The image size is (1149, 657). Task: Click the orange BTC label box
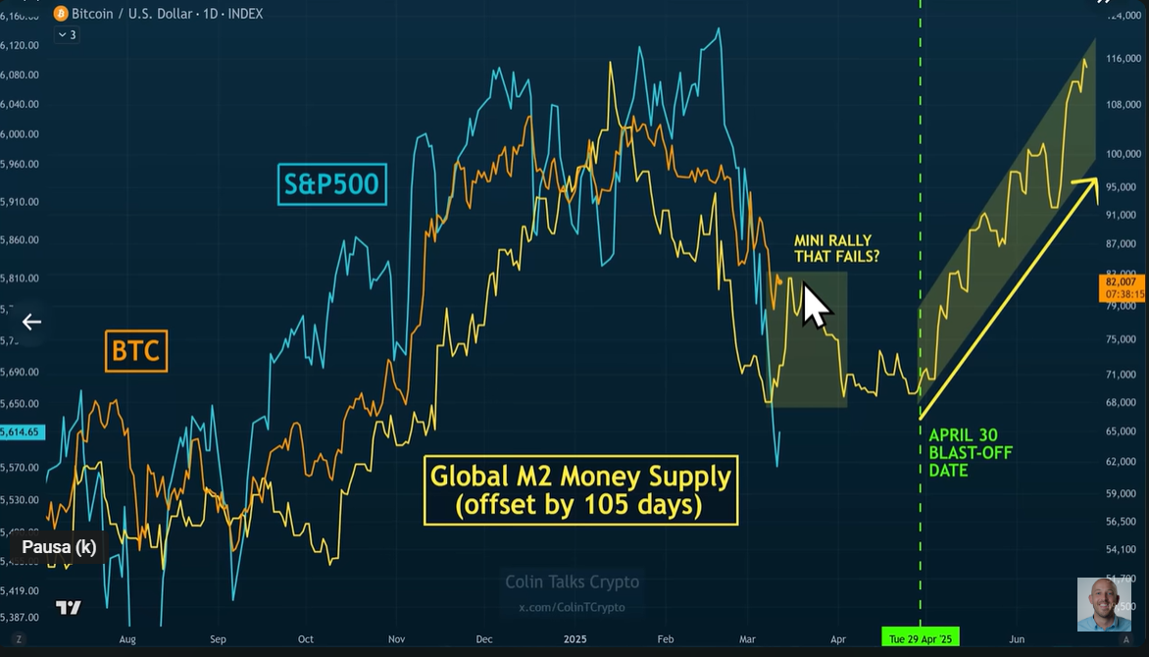tap(136, 351)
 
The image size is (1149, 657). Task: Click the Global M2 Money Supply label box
tap(580, 490)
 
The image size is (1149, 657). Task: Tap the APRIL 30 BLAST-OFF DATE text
tap(971, 452)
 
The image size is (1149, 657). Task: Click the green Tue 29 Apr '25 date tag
tap(921, 638)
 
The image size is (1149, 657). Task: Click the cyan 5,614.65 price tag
tap(22, 431)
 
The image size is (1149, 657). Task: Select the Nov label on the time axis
tap(396, 638)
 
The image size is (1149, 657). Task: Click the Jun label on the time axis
tap(1017, 638)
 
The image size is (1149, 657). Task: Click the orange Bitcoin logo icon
tap(61, 14)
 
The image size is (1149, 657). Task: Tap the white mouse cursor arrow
tap(815, 304)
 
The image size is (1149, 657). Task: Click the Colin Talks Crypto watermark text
tap(572, 581)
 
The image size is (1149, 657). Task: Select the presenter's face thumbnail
tap(1104, 604)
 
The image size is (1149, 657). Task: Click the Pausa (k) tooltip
tap(59, 546)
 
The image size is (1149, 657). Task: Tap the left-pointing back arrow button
tap(31, 322)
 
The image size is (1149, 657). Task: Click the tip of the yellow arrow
tap(1096, 179)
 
